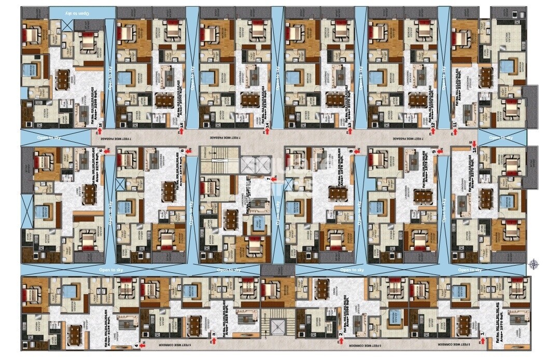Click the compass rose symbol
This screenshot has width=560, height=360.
click(534, 264)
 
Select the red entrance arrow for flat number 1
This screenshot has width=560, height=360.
click(483, 340)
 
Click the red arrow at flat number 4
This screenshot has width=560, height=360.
click(144, 344)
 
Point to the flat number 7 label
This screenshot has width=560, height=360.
click(269, 179)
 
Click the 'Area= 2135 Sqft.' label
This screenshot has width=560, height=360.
click(95, 324)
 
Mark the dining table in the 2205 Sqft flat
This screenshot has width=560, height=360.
click(63, 78)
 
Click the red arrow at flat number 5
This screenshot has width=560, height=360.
click(107, 151)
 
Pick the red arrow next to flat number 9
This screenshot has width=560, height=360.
click(440, 151)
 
